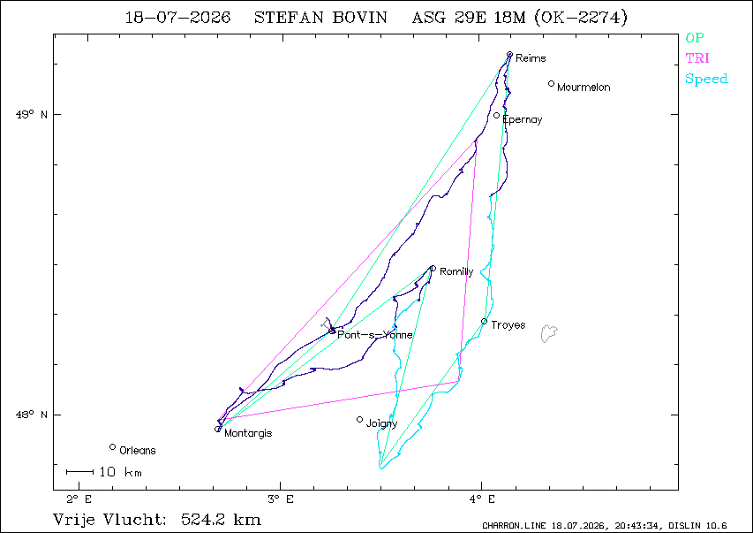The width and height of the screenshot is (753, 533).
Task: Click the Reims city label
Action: tap(531, 58)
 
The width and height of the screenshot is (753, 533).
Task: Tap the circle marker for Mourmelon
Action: tap(552, 84)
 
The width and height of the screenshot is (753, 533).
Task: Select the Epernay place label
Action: tap(523, 120)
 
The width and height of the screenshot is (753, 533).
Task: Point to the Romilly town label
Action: tap(456, 271)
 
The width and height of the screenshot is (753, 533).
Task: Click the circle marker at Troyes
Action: tap(484, 322)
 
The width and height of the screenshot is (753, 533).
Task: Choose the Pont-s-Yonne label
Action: tap(375, 335)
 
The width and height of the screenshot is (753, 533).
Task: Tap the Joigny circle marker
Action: tap(359, 420)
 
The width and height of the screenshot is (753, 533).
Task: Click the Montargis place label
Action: tap(248, 433)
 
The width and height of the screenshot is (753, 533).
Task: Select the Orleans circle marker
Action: tap(112, 447)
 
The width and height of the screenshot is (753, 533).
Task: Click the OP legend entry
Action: tap(695, 38)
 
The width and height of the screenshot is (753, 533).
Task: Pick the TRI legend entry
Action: tap(697, 58)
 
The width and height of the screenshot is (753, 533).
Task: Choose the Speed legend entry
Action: tap(706, 79)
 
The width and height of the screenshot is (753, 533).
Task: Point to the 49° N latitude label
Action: tap(32, 115)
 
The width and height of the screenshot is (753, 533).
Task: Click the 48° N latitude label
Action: tap(32, 415)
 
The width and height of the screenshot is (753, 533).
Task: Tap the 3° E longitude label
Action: tap(281, 499)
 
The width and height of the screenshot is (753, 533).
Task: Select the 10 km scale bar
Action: tap(79, 472)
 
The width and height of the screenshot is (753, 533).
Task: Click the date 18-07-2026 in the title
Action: tap(177, 18)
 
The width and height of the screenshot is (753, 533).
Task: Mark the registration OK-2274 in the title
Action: tap(581, 18)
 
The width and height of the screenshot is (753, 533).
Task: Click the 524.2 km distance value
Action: tap(222, 520)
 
